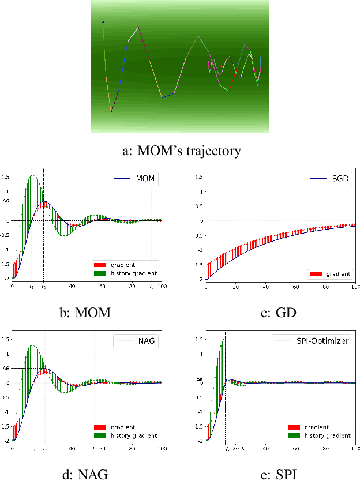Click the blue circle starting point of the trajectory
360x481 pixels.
(x=103, y=22)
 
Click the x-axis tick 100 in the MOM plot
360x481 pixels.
(x=162, y=286)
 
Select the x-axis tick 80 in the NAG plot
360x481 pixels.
(x=132, y=448)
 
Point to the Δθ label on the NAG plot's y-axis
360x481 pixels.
(x=6, y=368)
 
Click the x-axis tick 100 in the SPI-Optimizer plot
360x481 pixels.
(x=356, y=448)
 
